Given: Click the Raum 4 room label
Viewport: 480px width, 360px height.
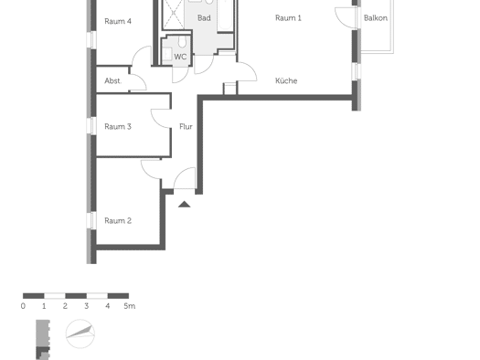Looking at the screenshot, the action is pos(118,21).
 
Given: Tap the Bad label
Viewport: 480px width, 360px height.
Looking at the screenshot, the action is pos(204,18).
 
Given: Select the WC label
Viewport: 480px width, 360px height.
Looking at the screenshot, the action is pos(180,57).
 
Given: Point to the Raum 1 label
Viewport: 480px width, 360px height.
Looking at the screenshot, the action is pos(288,18).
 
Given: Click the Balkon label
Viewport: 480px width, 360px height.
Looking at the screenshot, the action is pos(376,18).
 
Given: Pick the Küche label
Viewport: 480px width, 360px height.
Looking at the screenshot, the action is pos(286,80).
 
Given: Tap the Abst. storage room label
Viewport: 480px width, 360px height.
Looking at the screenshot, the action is pos(113,80).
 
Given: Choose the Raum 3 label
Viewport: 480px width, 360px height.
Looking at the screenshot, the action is pos(118,126).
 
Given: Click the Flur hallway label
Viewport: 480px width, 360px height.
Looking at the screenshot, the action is pos(186,126).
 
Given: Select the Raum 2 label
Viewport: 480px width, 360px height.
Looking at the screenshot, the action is pos(118,220).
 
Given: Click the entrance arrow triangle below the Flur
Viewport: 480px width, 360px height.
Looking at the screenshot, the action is pos(185,205).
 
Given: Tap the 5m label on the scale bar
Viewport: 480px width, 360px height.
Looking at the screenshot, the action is pos(130,306).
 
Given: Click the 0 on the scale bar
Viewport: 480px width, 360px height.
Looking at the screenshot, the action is pos(23,306).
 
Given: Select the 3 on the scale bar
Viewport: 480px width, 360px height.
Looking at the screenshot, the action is pos(87,306).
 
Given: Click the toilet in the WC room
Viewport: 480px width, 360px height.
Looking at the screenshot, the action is pos(182,42).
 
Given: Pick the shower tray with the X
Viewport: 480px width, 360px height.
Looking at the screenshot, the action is pos(174,14).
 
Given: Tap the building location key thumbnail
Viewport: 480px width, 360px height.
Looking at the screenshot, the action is pos(43,340).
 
